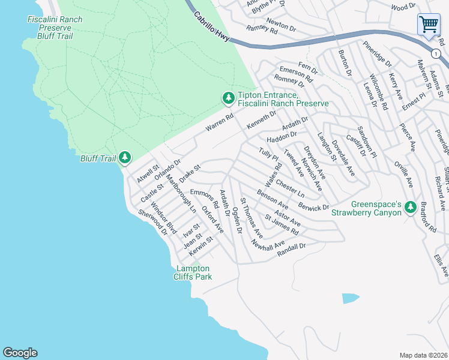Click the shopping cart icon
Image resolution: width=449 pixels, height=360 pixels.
point(429,25)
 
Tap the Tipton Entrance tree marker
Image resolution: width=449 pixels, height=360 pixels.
point(228,98)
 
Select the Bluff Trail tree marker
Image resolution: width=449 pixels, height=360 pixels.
point(124,158)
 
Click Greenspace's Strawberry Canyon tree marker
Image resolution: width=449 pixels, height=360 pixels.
point(411,208)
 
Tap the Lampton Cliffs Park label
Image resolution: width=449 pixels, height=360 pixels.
point(192,272)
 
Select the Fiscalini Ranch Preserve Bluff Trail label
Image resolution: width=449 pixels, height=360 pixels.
point(55,28)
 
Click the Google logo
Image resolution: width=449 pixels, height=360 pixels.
point(20,353)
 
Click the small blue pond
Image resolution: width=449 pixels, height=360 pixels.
point(351,298)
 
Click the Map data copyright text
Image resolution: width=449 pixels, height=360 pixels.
point(423,355)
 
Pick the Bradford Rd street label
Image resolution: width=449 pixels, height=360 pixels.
point(428,221)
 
